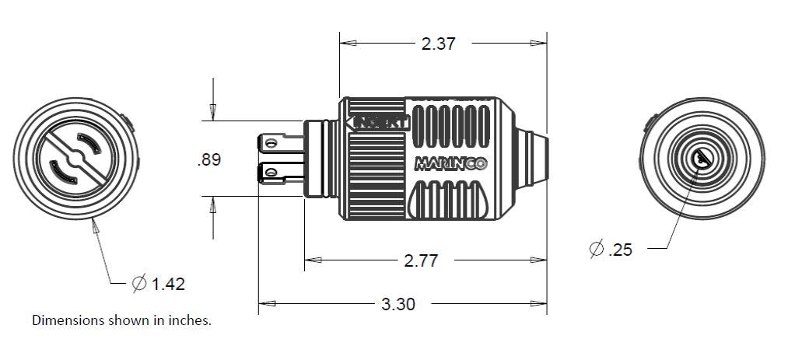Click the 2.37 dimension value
[438, 44]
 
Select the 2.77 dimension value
[421, 260]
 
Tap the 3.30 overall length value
[398, 304]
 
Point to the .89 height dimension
[208, 159]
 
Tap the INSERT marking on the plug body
[380, 122]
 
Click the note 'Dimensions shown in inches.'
[121, 320]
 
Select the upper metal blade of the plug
[280, 142]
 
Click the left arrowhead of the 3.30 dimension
[264, 303]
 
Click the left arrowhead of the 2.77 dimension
[310, 260]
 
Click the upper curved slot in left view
[87, 142]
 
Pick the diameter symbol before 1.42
[138, 284]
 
